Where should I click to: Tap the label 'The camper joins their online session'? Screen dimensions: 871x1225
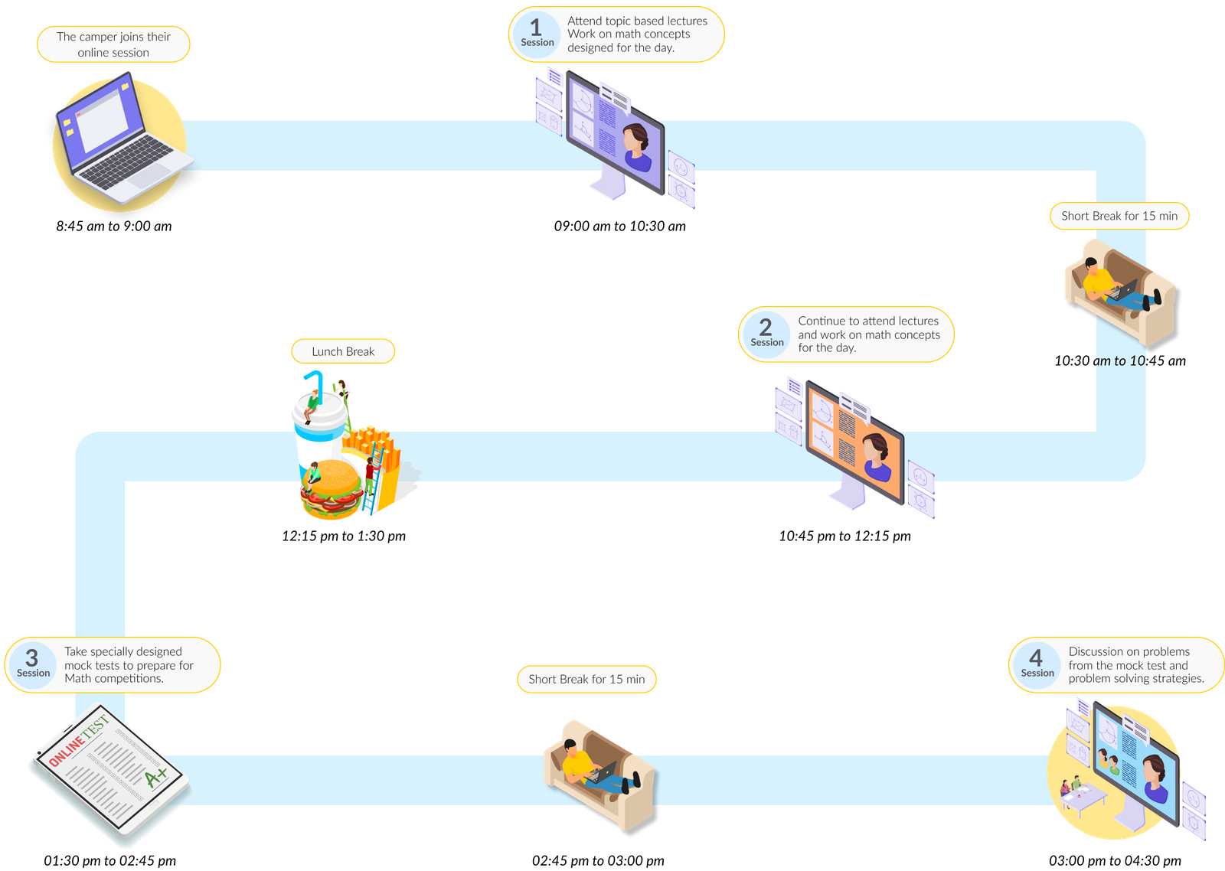(113, 44)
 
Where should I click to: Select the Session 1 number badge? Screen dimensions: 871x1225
(537, 34)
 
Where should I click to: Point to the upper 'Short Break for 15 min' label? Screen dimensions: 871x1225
(1119, 216)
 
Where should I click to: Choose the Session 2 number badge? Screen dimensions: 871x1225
(766, 334)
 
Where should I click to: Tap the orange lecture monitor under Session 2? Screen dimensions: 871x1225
(854, 444)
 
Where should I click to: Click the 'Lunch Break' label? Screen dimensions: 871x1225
(343, 351)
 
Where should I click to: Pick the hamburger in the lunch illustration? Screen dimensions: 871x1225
(332, 488)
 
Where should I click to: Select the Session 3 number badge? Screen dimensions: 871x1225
(33, 664)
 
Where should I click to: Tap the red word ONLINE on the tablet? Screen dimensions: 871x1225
(66, 750)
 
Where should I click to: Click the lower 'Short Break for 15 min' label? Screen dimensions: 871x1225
(586, 679)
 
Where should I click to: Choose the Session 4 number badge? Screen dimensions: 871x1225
(1037, 664)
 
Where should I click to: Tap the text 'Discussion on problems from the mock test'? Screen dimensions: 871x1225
(1129, 658)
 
